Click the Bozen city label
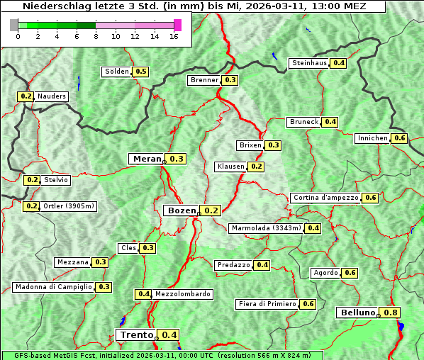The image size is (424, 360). pyautogui.click(x=181, y=210)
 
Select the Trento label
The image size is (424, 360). pyautogui.click(x=136, y=335)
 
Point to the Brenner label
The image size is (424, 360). pyautogui.click(x=204, y=80)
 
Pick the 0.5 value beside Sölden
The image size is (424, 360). pyautogui.click(x=141, y=72)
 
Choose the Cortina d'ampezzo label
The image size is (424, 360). pyautogui.click(x=325, y=198)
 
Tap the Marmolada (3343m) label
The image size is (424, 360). pyautogui.click(x=266, y=228)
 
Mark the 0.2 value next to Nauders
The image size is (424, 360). pyautogui.click(x=26, y=96)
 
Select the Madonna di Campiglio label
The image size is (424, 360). pyautogui.click(x=53, y=287)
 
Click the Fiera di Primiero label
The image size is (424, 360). pyautogui.click(x=267, y=304)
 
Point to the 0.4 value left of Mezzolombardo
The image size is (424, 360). pyautogui.click(x=144, y=294)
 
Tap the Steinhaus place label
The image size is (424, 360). pyautogui.click(x=310, y=63)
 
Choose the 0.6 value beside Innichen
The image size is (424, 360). pyautogui.click(x=400, y=138)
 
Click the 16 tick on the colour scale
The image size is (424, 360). pyautogui.click(x=173, y=36)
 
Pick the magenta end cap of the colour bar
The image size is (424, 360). pyautogui.click(x=177, y=25)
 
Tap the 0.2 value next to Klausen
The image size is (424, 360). pyautogui.click(x=257, y=167)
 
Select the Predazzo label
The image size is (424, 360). pyautogui.click(x=233, y=265)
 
